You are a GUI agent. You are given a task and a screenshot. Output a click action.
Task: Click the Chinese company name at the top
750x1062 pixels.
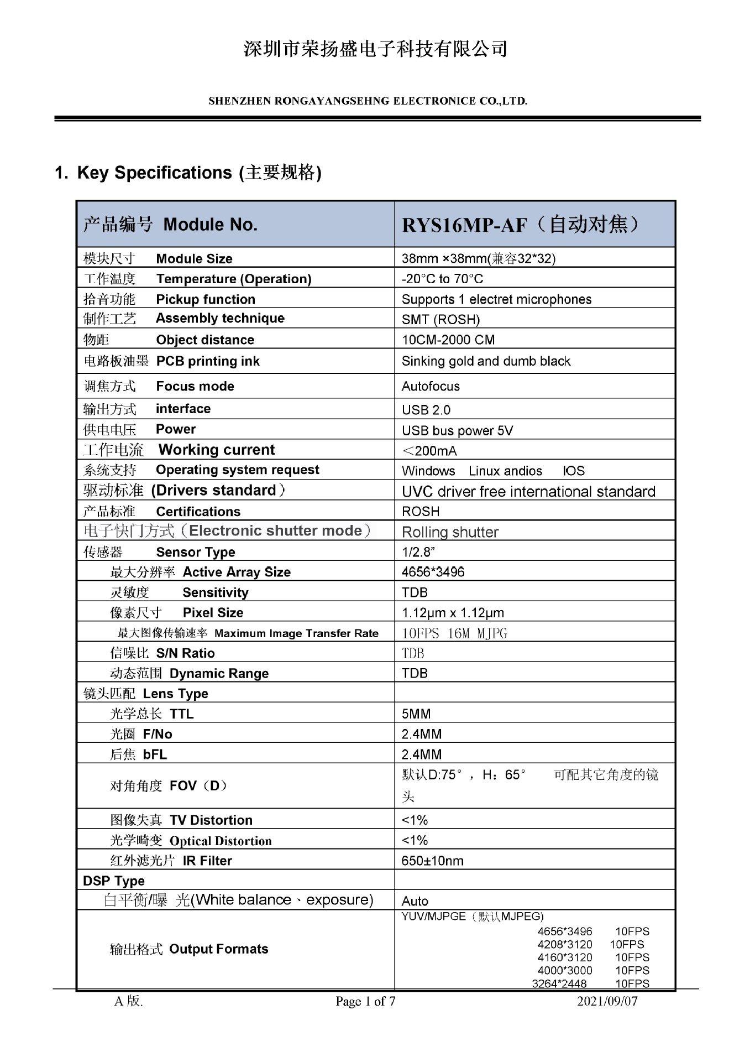375,49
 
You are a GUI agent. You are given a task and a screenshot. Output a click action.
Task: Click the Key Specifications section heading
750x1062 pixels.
188,173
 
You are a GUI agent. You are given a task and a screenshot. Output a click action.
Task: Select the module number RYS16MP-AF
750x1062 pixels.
465,225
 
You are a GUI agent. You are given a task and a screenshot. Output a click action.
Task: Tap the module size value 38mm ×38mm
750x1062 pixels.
478,258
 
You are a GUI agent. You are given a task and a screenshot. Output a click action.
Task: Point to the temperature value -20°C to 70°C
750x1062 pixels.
442,279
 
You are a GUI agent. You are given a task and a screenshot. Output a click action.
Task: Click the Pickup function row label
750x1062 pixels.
169,299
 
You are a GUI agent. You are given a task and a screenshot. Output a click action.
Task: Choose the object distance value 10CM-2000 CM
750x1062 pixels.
448,340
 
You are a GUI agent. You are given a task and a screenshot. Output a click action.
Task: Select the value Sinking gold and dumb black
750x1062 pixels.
486,361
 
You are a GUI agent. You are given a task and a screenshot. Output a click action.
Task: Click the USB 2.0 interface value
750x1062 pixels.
426,410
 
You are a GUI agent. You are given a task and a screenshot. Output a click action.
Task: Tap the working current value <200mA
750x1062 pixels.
429,451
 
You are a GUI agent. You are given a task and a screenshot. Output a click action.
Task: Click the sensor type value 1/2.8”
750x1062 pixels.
418,552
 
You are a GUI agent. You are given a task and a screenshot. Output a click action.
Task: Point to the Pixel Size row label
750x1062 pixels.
176,612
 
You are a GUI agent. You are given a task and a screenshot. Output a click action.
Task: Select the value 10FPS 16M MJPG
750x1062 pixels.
454,633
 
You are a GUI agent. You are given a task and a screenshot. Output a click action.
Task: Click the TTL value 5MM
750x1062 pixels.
416,714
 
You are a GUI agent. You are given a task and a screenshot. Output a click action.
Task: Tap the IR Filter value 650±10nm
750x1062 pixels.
432,861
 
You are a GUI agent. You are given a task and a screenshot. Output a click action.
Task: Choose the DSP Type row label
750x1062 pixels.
114,881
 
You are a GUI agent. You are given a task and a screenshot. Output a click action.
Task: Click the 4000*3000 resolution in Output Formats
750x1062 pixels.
564,970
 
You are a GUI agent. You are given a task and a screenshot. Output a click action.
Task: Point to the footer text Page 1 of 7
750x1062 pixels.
365,1001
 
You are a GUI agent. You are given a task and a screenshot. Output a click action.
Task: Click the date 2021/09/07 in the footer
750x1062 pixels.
607,1001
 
